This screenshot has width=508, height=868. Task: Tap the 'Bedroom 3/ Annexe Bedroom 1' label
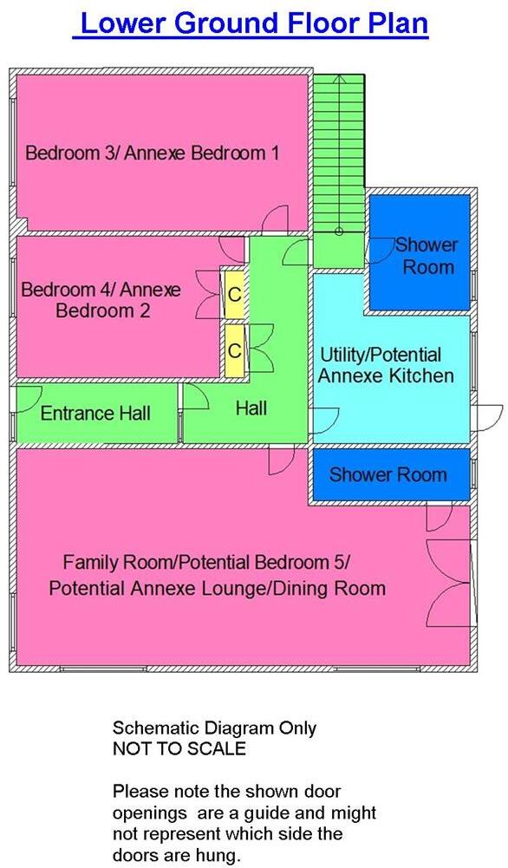153,153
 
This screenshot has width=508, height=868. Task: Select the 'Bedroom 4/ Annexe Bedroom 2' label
101,299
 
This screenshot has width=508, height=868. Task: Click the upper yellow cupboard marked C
234,294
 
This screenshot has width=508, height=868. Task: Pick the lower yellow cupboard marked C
234,349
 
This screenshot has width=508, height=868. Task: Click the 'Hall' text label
251,407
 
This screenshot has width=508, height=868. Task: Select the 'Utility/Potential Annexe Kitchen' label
386,365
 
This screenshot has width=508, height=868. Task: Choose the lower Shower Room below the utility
388,474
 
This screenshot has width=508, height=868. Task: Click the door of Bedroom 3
277,219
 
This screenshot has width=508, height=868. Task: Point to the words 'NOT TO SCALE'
179,748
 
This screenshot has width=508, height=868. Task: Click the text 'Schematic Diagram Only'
215,728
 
